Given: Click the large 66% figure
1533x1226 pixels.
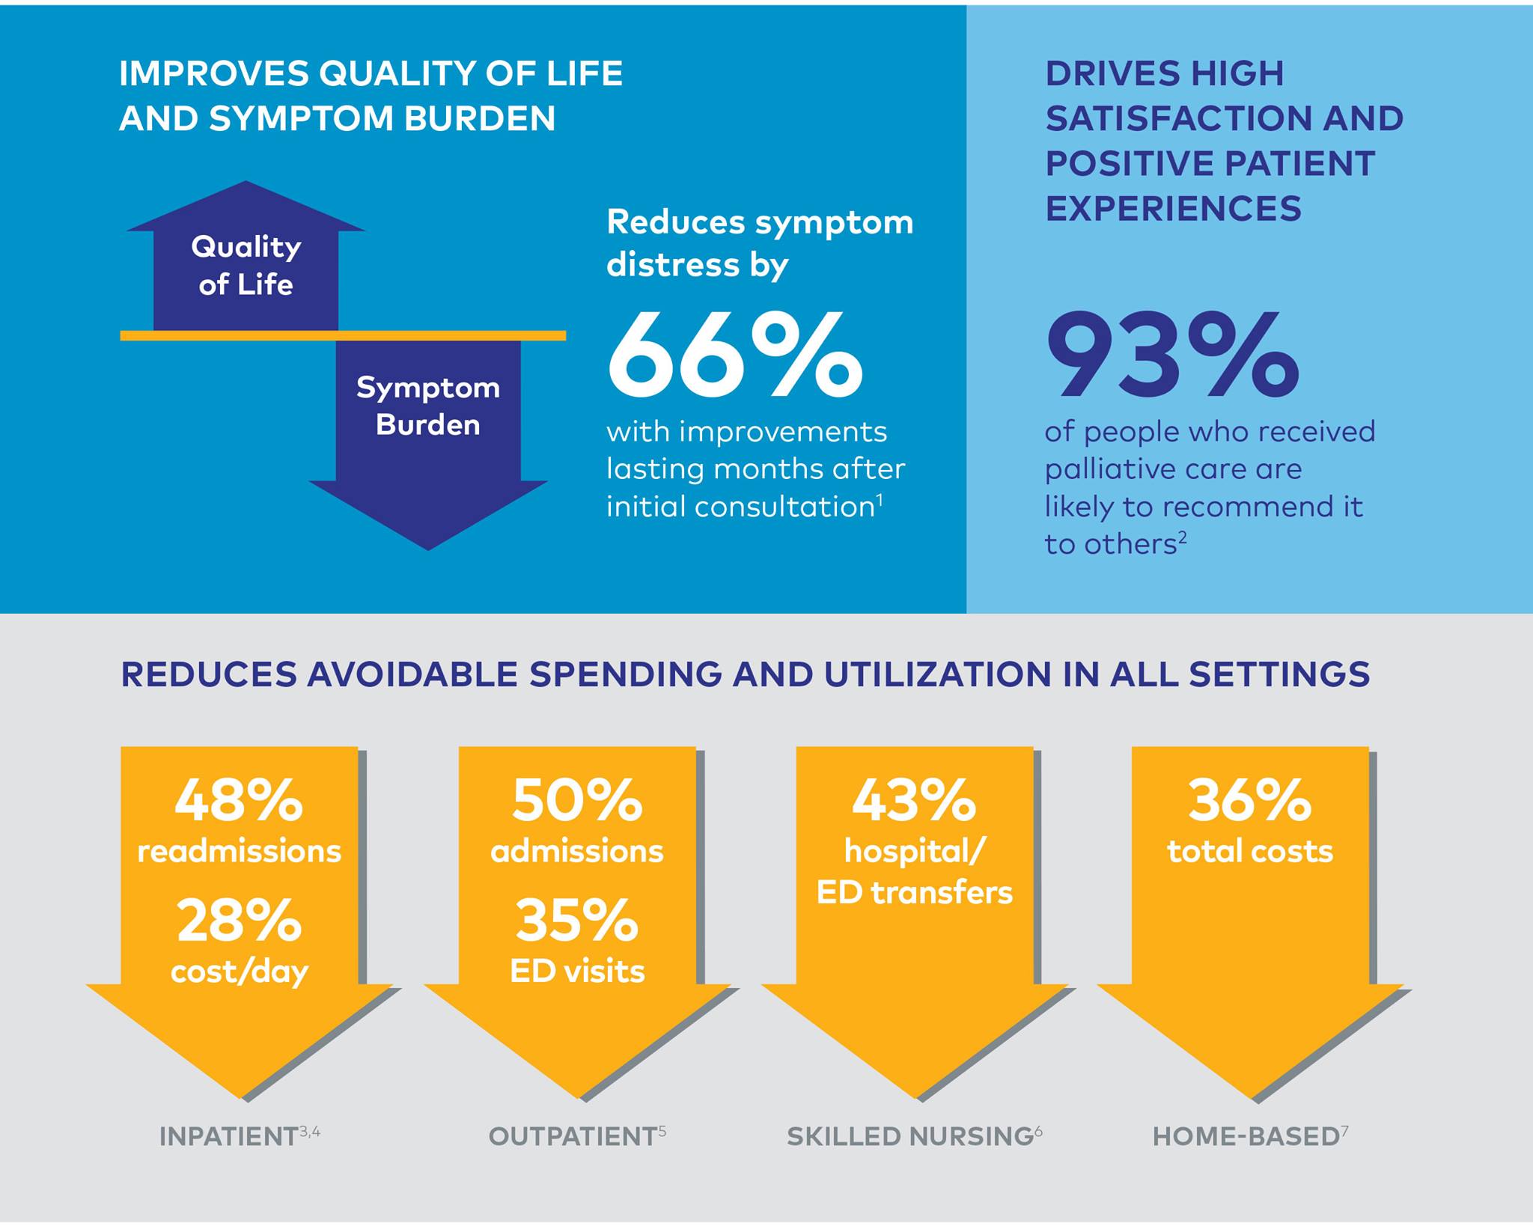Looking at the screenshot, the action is click(x=734, y=354).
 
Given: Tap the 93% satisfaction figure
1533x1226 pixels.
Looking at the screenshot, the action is click(x=1172, y=354).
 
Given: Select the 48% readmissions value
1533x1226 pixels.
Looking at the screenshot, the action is click(x=239, y=800).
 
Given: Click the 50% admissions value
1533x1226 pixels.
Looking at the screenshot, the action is click(x=577, y=800).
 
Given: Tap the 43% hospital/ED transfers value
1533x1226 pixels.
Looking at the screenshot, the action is click(x=914, y=800).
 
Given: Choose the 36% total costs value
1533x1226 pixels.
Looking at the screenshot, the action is click(x=1250, y=800).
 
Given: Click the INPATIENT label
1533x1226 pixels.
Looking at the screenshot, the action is click(x=228, y=1136).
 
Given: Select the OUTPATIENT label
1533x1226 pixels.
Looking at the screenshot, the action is click(x=573, y=1136).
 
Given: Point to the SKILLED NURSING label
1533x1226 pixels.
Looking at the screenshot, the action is click(x=910, y=1136).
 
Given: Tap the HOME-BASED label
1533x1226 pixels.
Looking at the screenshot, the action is click(x=1246, y=1136).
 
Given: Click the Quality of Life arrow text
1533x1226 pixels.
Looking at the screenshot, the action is click(x=246, y=266).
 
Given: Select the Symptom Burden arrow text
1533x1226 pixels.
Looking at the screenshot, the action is click(x=428, y=406).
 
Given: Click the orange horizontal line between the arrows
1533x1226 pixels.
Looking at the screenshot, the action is click(x=343, y=336).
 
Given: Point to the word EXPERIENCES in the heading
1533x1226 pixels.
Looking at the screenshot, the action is click(x=1173, y=208).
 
